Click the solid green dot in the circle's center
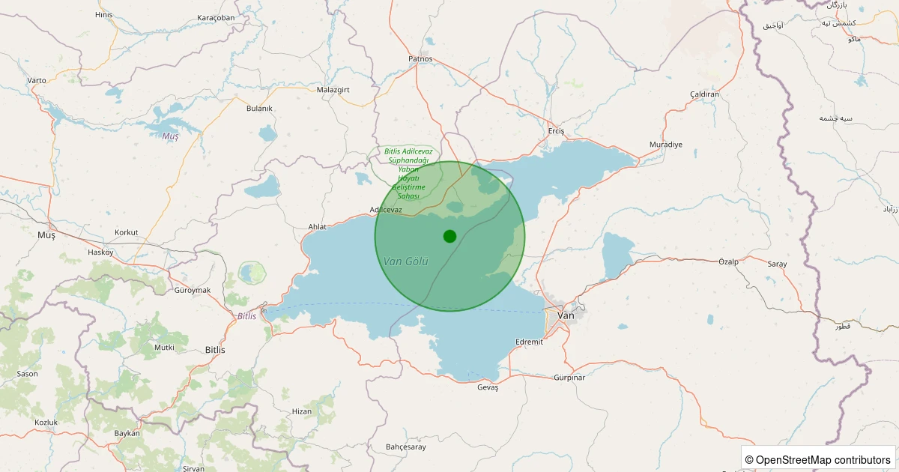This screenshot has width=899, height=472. point(449,236)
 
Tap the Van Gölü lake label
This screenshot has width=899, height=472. point(405,261)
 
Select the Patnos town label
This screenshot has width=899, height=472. point(420,58)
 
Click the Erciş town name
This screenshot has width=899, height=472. point(556,131)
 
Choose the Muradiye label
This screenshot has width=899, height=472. point(665,145)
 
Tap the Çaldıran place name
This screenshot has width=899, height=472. point(704,94)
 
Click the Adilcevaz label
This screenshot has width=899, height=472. point(387,210)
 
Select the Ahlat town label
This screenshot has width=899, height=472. point(318,226)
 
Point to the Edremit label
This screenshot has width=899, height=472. point(529,342)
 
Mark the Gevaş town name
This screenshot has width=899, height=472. point(488,387)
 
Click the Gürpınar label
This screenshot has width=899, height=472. point(569,377)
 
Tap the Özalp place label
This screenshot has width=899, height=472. point(729,261)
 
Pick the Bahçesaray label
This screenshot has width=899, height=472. point(405,447)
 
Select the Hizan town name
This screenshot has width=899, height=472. point(302,411)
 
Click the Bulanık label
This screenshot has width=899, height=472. point(259,108)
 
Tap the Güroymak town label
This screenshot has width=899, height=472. point(192,290)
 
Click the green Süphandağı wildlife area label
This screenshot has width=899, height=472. point(408,173)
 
